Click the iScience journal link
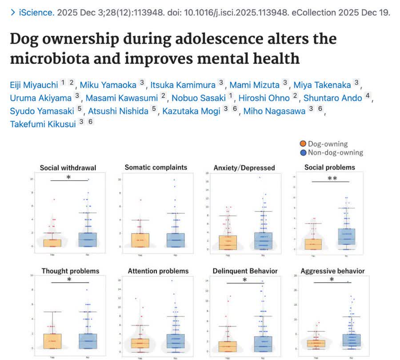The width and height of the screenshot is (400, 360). tap(36, 12)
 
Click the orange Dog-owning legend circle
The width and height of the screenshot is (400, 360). tap(303, 144)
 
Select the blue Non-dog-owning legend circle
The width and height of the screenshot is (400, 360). tap(303, 152)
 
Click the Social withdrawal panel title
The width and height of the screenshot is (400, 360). tap(68, 168)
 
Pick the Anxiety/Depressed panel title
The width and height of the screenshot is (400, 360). tap(244, 168)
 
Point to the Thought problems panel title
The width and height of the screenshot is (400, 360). tap(70, 271)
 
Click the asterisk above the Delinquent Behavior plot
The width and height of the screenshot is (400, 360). tap(244, 280)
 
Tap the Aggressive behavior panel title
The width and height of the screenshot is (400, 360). tap(332, 271)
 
